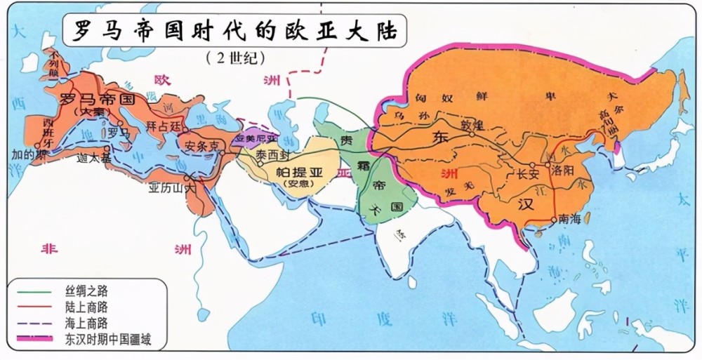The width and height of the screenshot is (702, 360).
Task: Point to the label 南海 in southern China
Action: (x=571, y=220)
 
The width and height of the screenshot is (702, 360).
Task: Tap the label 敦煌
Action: (x=467, y=127)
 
